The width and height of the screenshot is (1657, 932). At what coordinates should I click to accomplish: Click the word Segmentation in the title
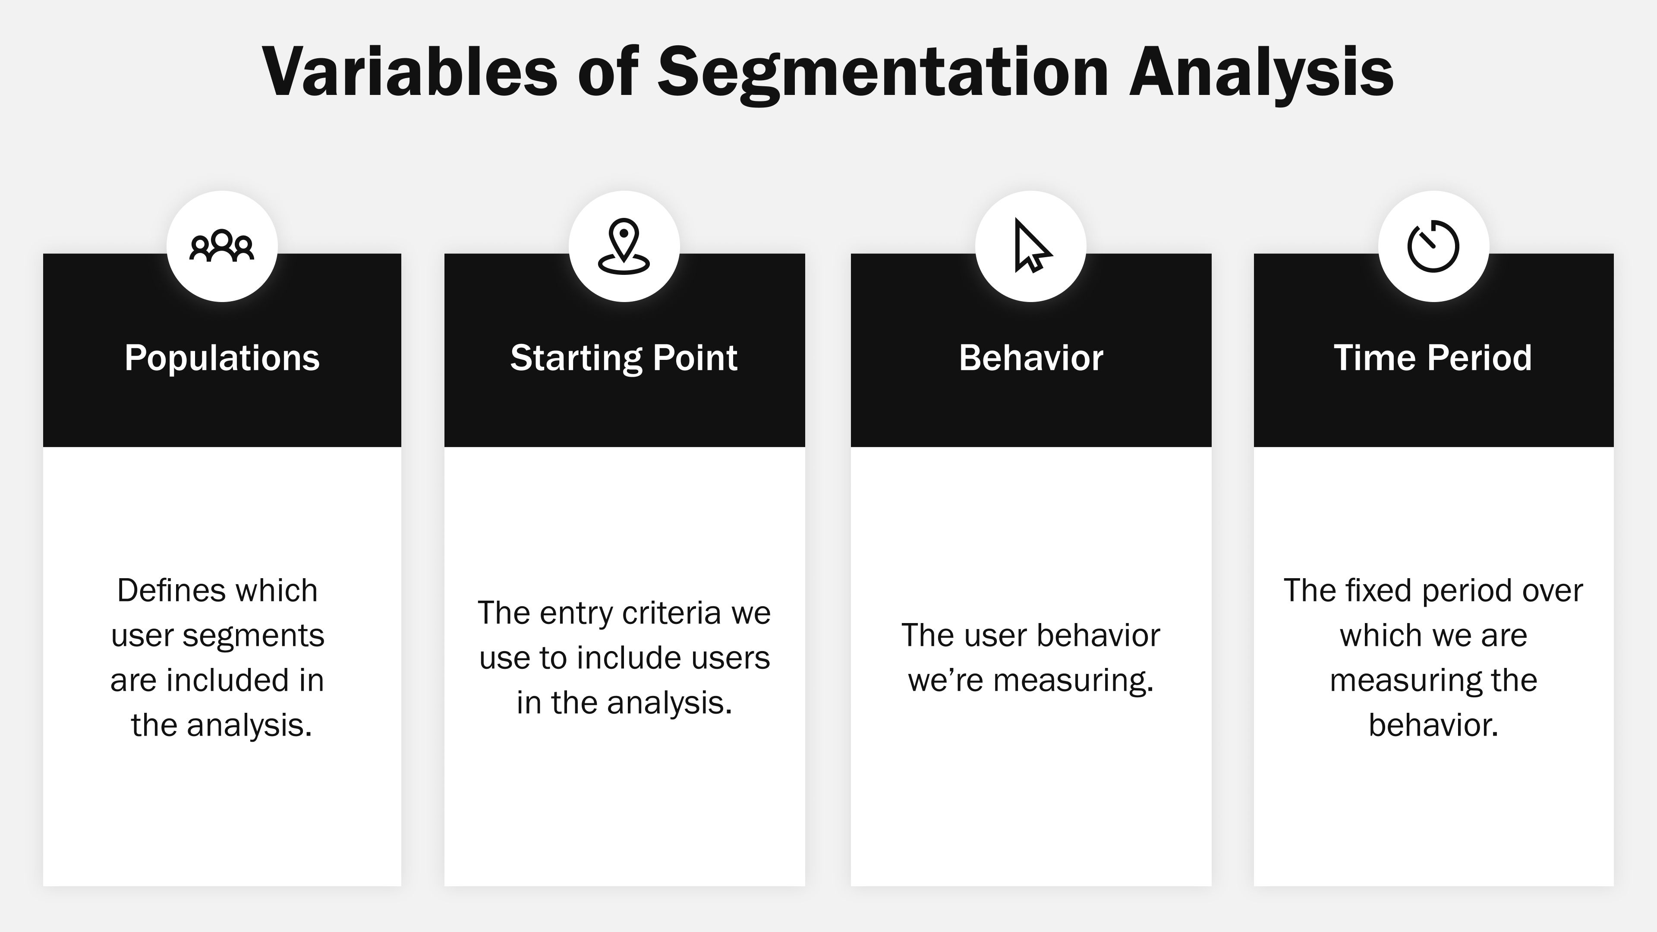[x=882, y=72]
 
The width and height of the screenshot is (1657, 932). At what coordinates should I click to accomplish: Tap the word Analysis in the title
[x=1261, y=72]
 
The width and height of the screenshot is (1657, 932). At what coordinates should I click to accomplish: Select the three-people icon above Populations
[x=222, y=246]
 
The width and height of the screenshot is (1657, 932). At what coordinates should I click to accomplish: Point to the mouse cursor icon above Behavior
[x=1031, y=246]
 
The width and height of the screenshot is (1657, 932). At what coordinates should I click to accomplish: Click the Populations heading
[x=222, y=358]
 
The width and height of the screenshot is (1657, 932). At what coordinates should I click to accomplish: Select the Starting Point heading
[x=624, y=358]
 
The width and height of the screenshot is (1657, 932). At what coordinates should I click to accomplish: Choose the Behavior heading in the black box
[x=1031, y=358]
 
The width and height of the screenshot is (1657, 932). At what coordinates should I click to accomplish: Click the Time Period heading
[x=1433, y=358]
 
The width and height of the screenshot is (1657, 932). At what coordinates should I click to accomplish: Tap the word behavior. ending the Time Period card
[x=1433, y=725]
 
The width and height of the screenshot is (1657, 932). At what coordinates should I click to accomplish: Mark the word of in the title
[x=607, y=72]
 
